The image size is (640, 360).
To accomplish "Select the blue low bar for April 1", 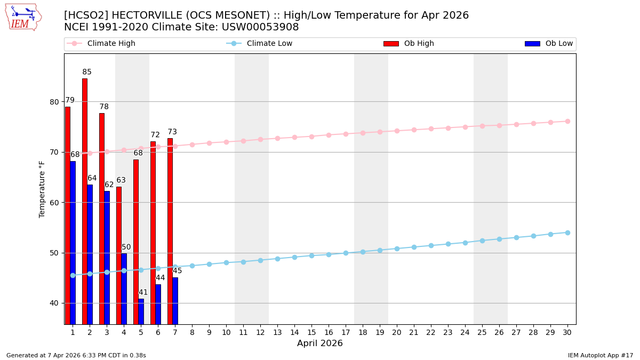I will pos(73,243).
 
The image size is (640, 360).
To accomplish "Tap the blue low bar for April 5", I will pos(141,311).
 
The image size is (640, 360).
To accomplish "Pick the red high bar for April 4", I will pos(119,255).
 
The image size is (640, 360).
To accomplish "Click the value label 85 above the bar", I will pos(87,72).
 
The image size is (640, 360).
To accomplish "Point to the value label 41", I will pos(143,292).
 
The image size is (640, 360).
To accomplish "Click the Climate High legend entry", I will pos(111,44).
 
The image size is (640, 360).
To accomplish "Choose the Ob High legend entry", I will pos(419,44).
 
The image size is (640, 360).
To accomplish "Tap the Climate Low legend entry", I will pos(269,44).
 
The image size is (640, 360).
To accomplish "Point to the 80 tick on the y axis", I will pos(54,102).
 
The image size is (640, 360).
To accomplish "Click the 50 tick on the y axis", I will pos(54,253).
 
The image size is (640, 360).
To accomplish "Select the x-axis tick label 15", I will pos(311,332).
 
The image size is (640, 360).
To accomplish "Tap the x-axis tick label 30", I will pos(567,332).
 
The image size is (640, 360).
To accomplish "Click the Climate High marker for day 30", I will pos(567,121).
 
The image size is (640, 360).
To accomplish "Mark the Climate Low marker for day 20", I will pos(397,249).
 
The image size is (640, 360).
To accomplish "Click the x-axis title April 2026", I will pos(320,343).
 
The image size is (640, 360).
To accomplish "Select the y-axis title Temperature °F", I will pos(42,189).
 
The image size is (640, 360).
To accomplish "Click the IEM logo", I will pos(23,17).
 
